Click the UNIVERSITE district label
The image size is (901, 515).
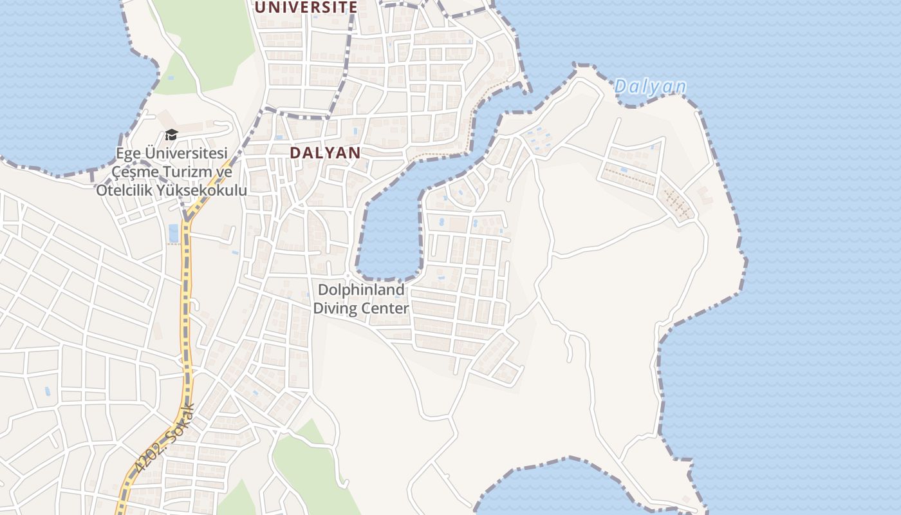coord(306,7)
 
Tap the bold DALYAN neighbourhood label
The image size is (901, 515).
coord(325,153)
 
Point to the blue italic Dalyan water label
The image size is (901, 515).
coord(650,86)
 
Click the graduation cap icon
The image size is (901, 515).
coord(171,135)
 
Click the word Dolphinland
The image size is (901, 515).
coord(361,290)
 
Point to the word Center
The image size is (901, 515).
coord(385,308)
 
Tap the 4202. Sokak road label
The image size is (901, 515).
coord(165,438)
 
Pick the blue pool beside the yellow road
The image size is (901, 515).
coord(173,233)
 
